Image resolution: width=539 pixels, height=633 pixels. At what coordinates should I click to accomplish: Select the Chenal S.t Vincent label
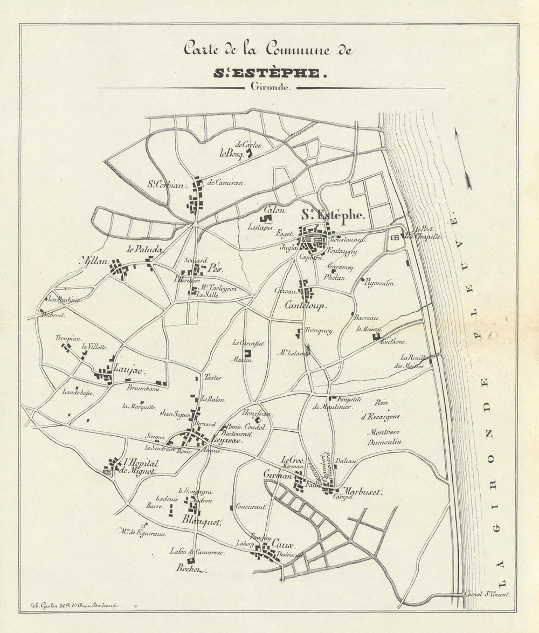(487, 594)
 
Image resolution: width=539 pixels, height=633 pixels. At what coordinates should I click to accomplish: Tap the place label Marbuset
(360, 492)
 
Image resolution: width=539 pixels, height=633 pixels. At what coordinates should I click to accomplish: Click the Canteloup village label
(306, 305)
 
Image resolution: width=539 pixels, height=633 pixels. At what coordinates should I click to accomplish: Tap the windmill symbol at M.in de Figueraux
(144, 524)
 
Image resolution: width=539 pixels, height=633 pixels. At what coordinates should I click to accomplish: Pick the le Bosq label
(229, 153)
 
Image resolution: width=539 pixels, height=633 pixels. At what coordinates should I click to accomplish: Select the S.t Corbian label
(167, 185)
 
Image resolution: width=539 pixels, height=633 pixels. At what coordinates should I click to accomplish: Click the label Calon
(274, 210)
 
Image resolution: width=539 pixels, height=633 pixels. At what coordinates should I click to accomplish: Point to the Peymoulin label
(380, 283)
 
